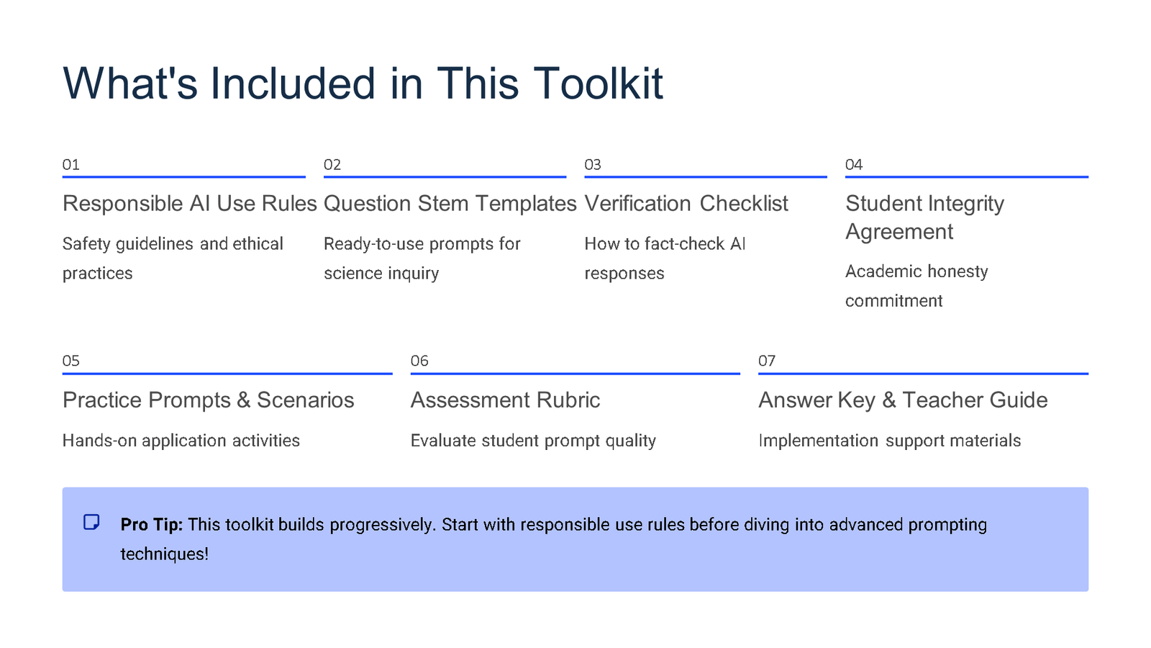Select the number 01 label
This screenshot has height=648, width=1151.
point(70,165)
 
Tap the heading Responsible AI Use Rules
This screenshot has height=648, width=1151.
point(189,204)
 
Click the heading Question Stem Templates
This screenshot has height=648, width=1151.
point(450,204)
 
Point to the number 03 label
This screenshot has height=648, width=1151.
point(592,165)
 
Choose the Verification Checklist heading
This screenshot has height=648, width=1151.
point(686,204)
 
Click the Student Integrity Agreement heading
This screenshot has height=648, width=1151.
point(924,217)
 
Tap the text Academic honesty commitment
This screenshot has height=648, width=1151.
point(916,286)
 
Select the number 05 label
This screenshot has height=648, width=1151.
point(70,361)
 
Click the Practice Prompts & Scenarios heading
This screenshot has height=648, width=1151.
point(208,400)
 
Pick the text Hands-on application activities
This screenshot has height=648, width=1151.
point(181,441)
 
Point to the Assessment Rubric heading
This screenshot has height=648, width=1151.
point(504,400)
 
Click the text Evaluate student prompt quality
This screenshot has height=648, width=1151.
point(532,441)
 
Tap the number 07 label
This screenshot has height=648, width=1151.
point(766,361)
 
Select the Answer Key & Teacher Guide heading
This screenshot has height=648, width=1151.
point(902,400)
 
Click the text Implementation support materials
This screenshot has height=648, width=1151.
point(889,441)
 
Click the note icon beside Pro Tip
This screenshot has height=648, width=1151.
point(91,522)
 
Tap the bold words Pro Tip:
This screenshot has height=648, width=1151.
point(151,525)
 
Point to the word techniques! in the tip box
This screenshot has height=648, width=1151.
point(164,554)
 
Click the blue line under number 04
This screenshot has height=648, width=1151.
point(966,176)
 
